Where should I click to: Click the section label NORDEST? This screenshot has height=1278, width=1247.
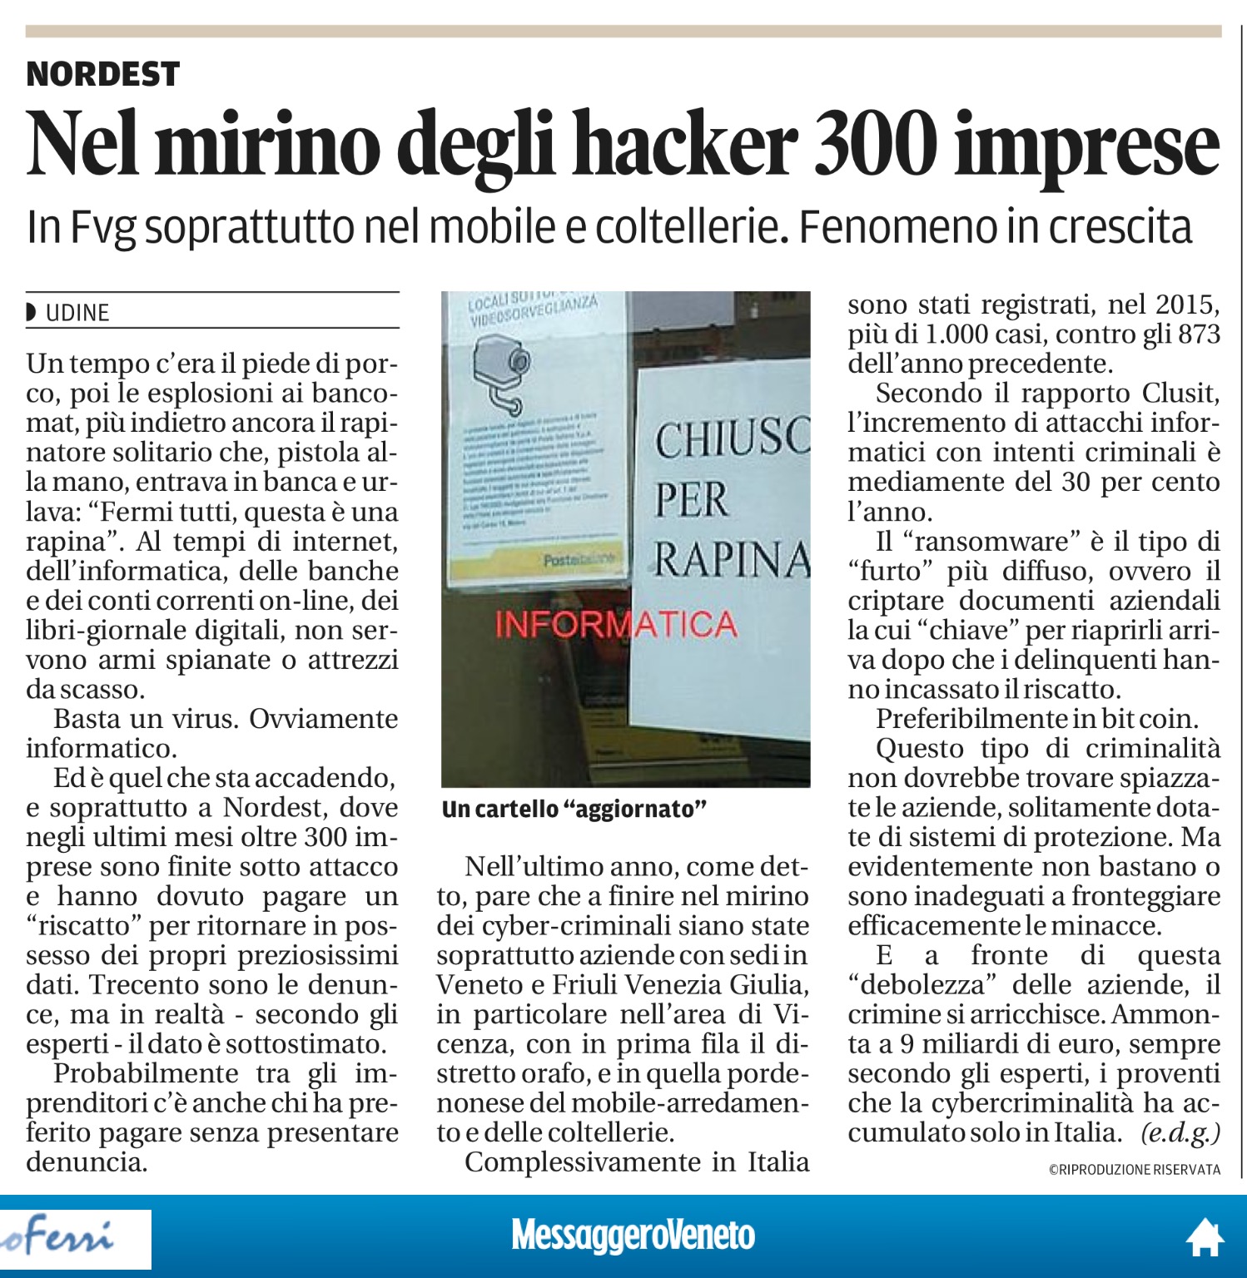[103, 74]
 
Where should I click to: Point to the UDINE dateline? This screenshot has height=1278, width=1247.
[77, 313]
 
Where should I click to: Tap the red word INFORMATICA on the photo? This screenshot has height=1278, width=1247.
[616, 624]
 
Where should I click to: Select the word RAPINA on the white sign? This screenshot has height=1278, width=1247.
[731, 559]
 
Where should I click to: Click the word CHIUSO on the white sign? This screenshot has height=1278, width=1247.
[731, 439]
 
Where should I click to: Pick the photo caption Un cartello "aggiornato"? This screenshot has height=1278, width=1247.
[574, 809]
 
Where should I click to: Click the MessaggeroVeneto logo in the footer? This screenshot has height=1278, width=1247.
[633, 1236]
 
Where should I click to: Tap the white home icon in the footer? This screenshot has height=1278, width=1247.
[1204, 1237]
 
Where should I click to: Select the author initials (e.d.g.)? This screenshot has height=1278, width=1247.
[1180, 1132]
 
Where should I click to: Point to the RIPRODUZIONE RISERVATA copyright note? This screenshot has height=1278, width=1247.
[1134, 1170]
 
